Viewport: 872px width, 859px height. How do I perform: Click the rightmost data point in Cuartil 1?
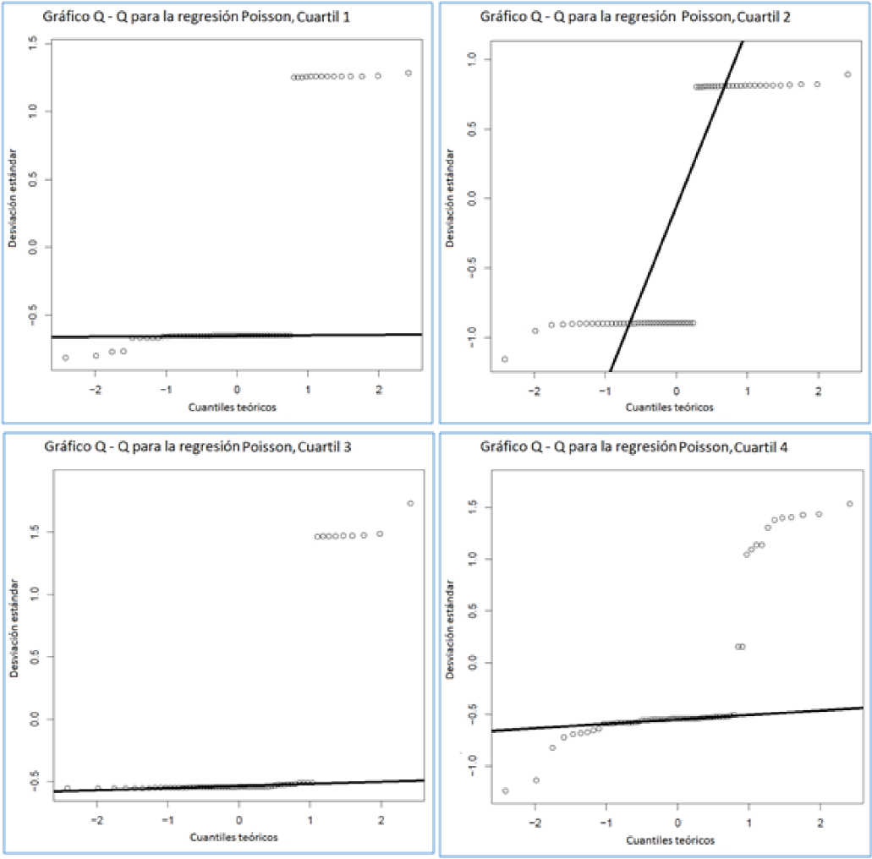click(x=409, y=73)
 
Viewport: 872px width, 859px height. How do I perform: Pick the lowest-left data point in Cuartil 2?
click(x=505, y=358)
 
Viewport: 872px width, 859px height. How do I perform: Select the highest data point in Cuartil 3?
click(x=410, y=503)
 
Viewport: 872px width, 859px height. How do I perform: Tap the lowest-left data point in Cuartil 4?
click(x=506, y=791)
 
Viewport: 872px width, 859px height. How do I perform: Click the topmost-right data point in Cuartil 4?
click(x=849, y=504)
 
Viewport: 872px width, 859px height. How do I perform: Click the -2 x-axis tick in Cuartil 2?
click(x=535, y=390)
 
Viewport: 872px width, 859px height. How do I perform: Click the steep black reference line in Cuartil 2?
click(x=677, y=203)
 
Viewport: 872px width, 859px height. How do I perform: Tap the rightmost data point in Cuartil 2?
click(x=847, y=74)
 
